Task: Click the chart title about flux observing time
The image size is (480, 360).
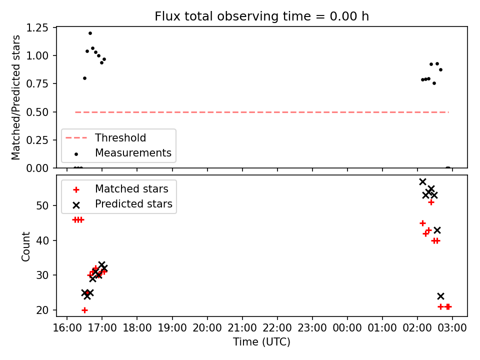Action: (261, 16)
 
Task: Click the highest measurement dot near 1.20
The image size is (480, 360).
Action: (90, 33)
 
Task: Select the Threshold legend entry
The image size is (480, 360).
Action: (106, 138)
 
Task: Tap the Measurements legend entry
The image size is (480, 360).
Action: (123, 153)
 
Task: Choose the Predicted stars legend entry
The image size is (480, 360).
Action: (123, 204)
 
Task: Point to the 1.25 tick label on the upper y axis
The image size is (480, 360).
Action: (37, 28)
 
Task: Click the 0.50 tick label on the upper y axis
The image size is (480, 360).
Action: (37, 112)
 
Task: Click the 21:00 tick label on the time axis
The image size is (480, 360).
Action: (242, 328)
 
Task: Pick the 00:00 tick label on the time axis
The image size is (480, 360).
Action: (347, 328)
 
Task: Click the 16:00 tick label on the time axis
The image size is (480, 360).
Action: (66, 328)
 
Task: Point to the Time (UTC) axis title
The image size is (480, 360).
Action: (261, 341)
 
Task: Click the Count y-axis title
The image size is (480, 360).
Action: (25, 246)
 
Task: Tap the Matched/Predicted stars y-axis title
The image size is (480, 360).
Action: (15, 97)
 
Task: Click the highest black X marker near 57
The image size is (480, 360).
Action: (423, 182)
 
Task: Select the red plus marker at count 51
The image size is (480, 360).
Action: (431, 202)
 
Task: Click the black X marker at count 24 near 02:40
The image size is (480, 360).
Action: (440, 296)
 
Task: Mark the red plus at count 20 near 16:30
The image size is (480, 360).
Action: (85, 310)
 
